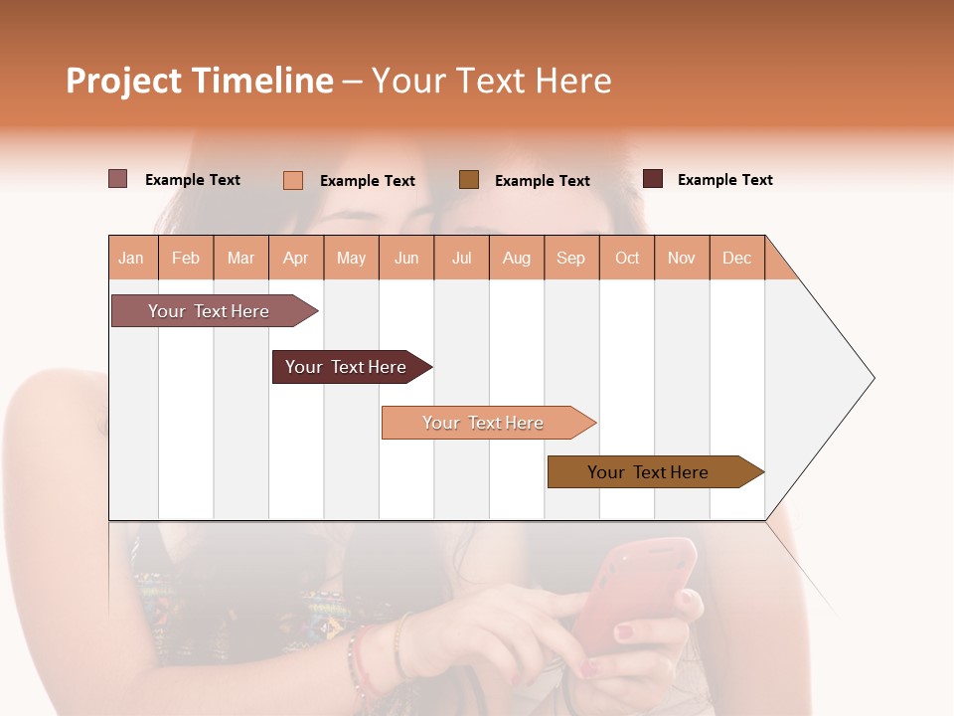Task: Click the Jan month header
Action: pyautogui.click(x=131, y=258)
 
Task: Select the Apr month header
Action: pyautogui.click(x=295, y=258)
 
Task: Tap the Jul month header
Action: pyautogui.click(x=461, y=258)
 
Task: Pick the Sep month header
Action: pyautogui.click(x=570, y=258)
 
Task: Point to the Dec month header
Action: pyautogui.click(x=736, y=258)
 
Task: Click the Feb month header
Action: pyautogui.click(x=186, y=258)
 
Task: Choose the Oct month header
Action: pyautogui.click(x=627, y=258)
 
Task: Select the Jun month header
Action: pyautogui.click(x=406, y=258)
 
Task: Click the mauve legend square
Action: pyautogui.click(x=118, y=179)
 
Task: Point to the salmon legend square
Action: pyautogui.click(x=293, y=180)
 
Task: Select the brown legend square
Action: pyautogui.click(x=469, y=179)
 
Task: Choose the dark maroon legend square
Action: pyautogui.click(x=653, y=179)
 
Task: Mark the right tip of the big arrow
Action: pyautogui.click(x=873, y=378)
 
